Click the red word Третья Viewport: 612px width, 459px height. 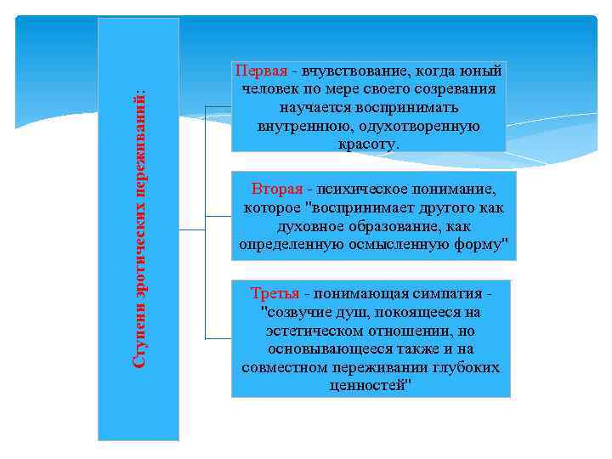pyautogui.click(x=275, y=293)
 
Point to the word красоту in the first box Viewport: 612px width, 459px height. pyautogui.click(x=367, y=144)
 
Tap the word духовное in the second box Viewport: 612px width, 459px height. pyautogui.click(x=309, y=227)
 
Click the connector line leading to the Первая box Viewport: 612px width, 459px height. pyautogui.click(x=217, y=108)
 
